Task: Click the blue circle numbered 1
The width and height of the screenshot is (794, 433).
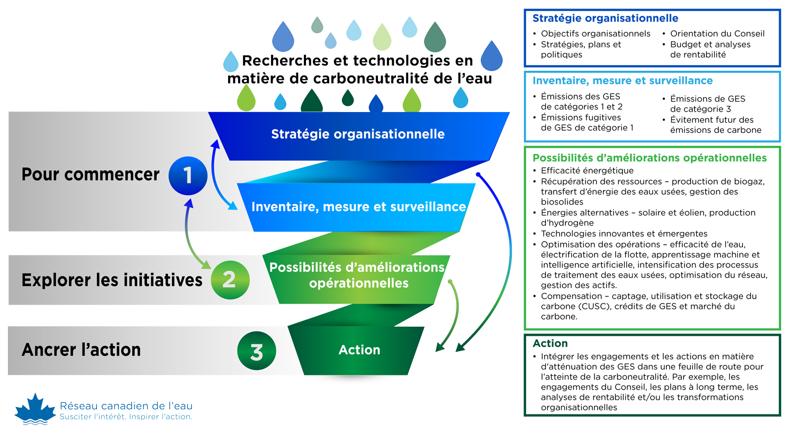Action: click(x=187, y=176)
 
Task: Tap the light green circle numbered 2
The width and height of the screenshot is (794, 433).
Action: click(x=230, y=280)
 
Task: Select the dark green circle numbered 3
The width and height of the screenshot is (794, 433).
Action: click(x=256, y=351)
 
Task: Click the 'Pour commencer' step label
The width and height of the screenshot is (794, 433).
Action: click(x=90, y=174)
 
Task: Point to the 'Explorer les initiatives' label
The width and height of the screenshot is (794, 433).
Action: click(x=112, y=280)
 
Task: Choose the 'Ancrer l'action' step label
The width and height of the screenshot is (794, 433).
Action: click(x=81, y=349)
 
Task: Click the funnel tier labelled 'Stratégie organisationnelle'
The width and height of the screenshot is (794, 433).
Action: click(x=358, y=134)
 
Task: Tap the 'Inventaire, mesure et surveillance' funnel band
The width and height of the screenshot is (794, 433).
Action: click(x=358, y=207)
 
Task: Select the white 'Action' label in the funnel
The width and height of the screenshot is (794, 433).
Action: click(x=359, y=350)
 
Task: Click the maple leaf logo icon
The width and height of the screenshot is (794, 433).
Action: click(x=35, y=409)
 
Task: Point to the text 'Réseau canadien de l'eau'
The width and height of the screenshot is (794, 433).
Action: click(x=126, y=406)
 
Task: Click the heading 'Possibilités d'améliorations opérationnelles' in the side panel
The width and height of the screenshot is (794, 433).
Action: click(x=649, y=158)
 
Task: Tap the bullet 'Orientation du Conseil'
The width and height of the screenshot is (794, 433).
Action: click(x=717, y=34)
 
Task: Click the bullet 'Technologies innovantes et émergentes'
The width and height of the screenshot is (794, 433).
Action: click(x=624, y=234)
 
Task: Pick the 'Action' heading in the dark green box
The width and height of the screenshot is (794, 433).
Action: click(x=550, y=344)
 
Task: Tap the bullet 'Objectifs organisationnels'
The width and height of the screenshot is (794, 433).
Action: click(x=595, y=34)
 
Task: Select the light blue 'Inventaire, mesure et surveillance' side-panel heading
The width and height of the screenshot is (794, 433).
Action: click(x=622, y=81)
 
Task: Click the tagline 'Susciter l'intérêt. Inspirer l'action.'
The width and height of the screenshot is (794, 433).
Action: click(x=126, y=417)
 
